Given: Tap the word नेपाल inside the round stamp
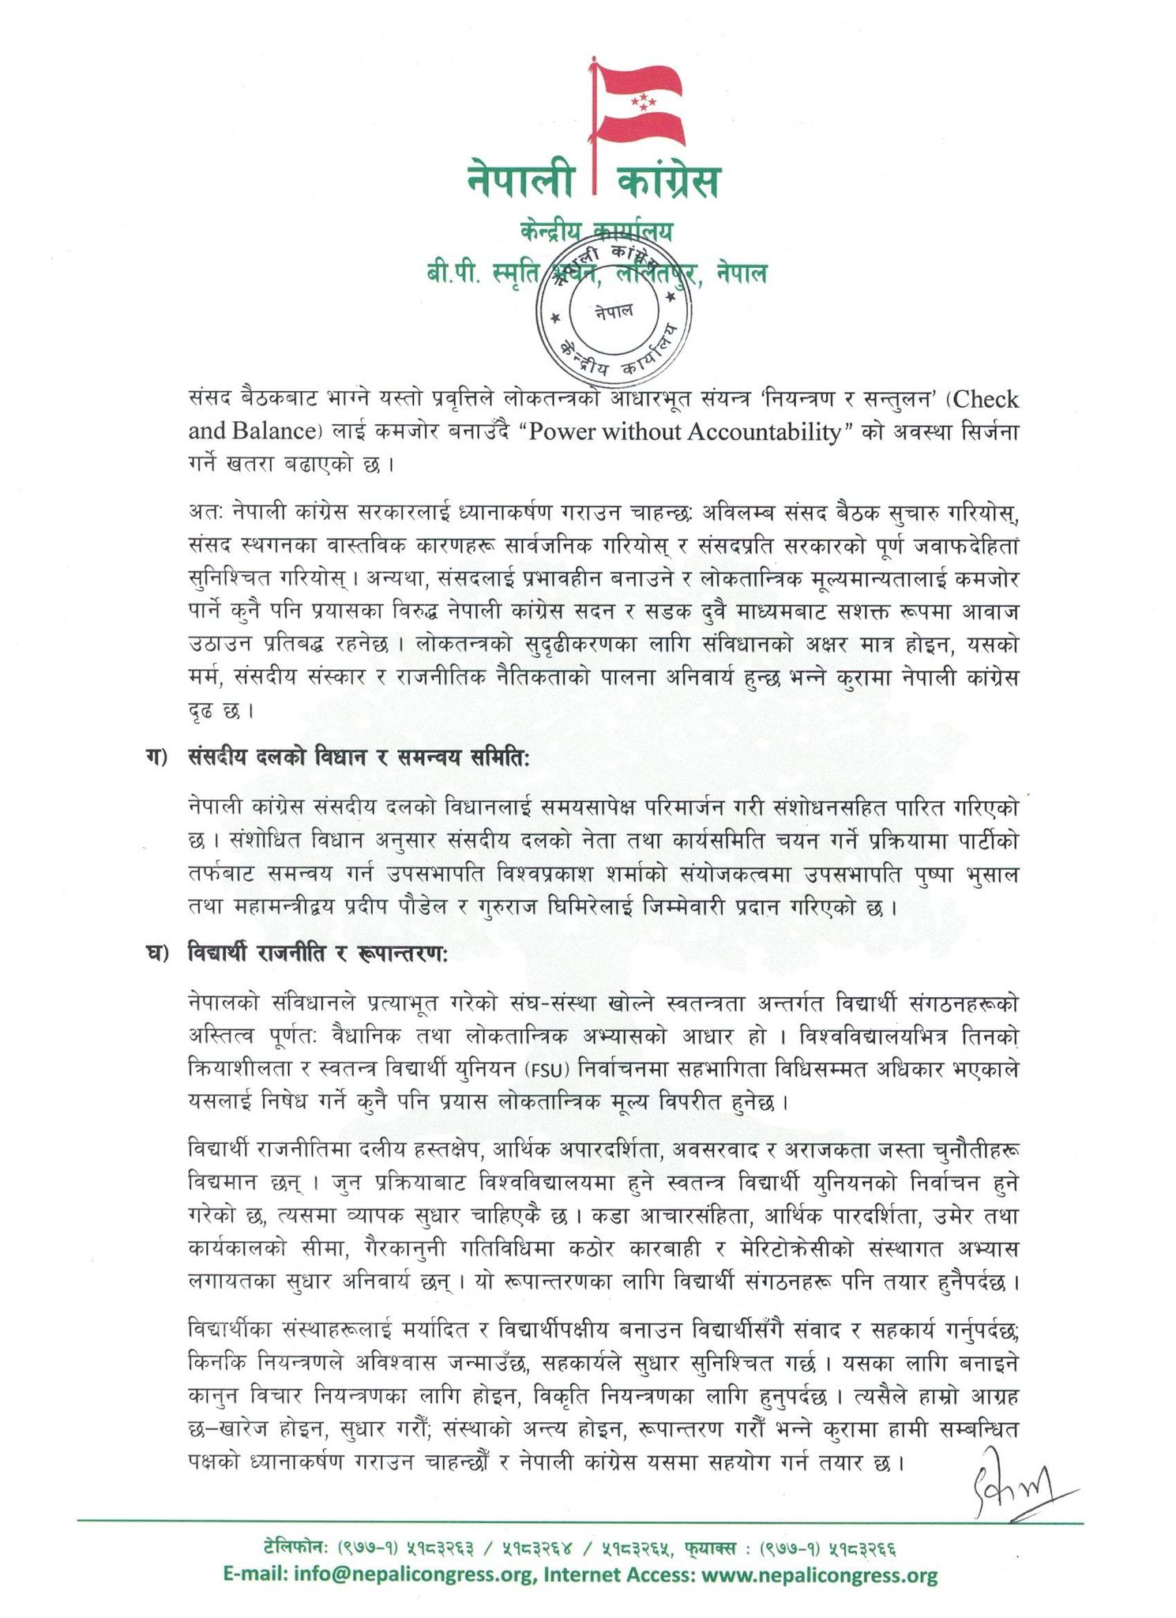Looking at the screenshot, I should click(x=614, y=310).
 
